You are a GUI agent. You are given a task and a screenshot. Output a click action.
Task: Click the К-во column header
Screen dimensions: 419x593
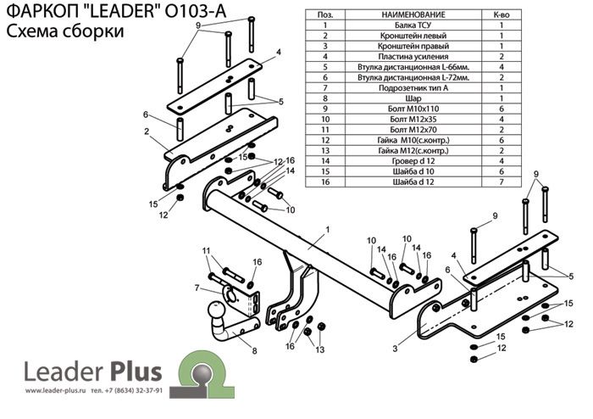tap(500, 14)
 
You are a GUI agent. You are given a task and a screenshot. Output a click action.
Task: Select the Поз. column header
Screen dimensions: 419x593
tap(324, 14)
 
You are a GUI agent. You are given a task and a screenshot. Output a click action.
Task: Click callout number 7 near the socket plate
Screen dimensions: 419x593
tap(197, 288)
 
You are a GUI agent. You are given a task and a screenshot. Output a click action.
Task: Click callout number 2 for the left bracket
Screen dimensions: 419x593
tap(147, 131)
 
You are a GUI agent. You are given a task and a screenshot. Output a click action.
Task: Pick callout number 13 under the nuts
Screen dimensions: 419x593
tap(320, 349)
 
